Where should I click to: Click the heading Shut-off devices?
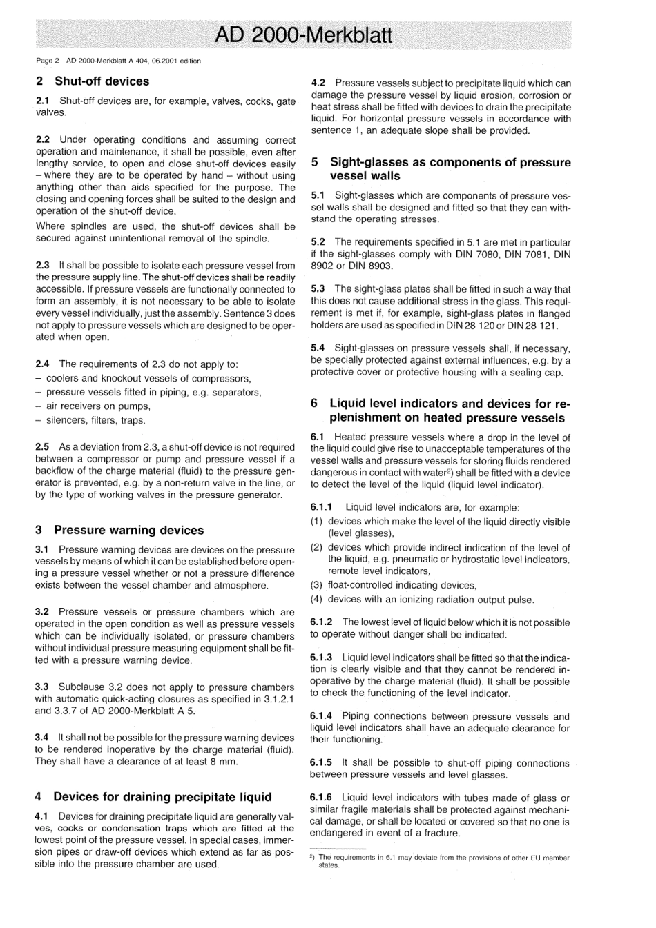point(102,81)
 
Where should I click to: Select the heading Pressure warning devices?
point(128,530)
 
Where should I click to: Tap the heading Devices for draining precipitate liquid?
point(162,797)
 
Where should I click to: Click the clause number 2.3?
point(42,266)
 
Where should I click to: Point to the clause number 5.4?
point(318,348)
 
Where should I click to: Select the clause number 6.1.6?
point(321,798)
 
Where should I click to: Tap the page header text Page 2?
point(48,61)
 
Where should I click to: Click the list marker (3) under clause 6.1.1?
point(316,585)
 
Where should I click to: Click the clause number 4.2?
point(318,83)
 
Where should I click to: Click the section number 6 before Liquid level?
point(314,404)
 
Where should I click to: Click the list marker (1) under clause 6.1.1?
point(316,522)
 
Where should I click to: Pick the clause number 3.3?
point(41,687)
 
